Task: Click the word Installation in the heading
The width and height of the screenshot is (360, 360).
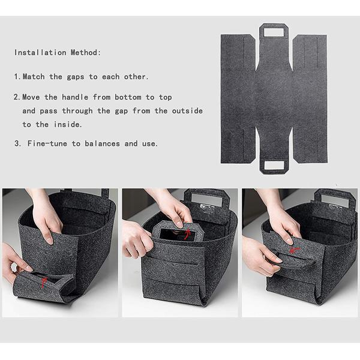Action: (40, 53)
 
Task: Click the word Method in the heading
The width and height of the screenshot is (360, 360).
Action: (85, 53)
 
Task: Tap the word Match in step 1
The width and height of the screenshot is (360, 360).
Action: (34, 77)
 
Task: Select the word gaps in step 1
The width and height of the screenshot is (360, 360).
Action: (76, 77)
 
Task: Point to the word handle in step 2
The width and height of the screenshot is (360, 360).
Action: (75, 97)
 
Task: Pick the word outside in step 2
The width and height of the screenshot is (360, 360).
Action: (187, 111)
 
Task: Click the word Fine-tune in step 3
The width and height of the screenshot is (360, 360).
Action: (47, 144)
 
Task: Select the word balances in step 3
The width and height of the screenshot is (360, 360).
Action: (103, 144)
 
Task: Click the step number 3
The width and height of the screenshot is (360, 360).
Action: (17, 144)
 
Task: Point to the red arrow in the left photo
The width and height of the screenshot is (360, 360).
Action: (44, 283)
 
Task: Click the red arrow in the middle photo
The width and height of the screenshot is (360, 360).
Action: (188, 234)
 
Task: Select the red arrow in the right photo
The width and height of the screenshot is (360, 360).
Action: (295, 250)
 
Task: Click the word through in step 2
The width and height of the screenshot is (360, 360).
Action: (77, 111)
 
